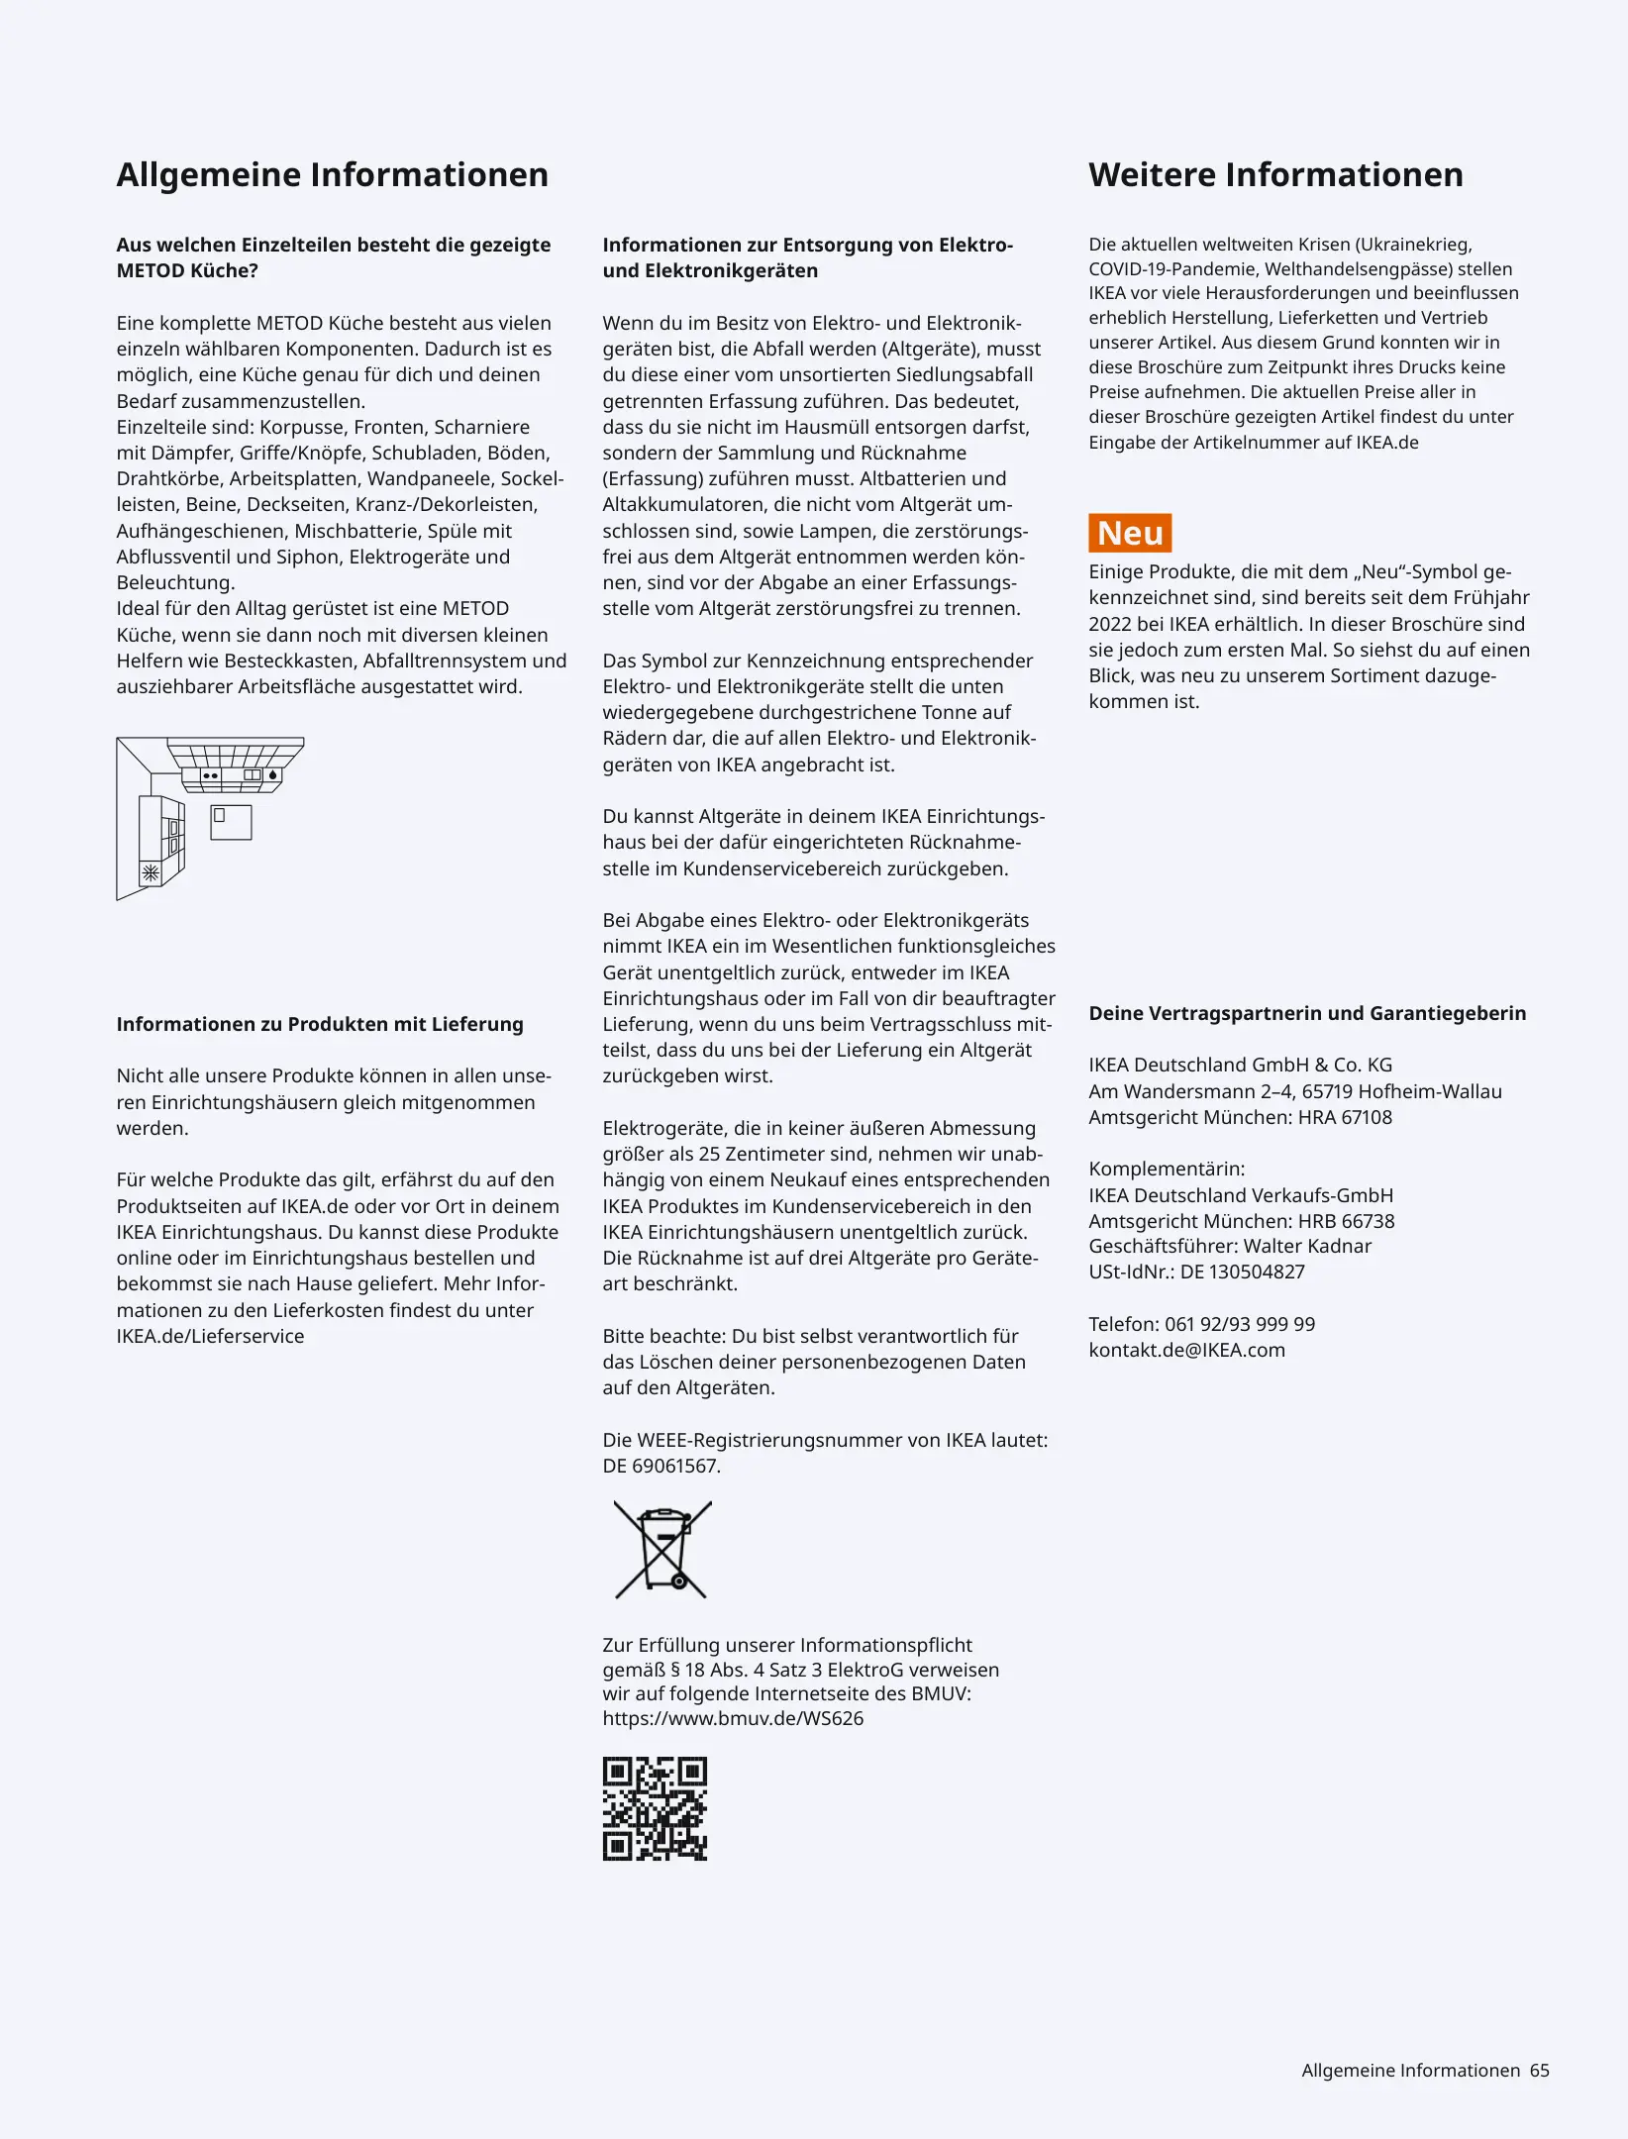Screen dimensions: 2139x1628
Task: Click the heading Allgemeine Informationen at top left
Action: (x=332, y=175)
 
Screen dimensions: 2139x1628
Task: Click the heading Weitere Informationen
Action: (x=1275, y=175)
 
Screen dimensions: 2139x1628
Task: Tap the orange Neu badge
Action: (x=1130, y=534)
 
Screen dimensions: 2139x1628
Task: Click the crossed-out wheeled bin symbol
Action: (x=662, y=1550)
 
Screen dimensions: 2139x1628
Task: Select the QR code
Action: (x=655, y=1809)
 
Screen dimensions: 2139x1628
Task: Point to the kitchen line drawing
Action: (x=209, y=817)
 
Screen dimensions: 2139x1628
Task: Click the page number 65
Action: (x=1539, y=2071)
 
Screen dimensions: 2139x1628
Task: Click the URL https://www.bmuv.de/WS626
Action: (x=733, y=1718)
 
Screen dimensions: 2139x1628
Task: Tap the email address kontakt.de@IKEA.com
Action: (x=1186, y=1350)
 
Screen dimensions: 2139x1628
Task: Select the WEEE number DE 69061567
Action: (x=661, y=1466)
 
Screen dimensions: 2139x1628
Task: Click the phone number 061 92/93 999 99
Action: (x=1240, y=1324)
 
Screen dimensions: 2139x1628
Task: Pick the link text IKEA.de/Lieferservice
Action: (x=210, y=1336)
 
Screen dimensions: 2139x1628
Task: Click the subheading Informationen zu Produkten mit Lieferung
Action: (x=320, y=1024)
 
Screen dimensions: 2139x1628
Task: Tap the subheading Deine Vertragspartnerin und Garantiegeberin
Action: (x=1307, y=1013)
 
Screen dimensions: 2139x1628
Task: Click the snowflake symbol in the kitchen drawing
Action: (x=151, y=873)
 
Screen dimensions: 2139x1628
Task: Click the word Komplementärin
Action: (x=1167, y=1169)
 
